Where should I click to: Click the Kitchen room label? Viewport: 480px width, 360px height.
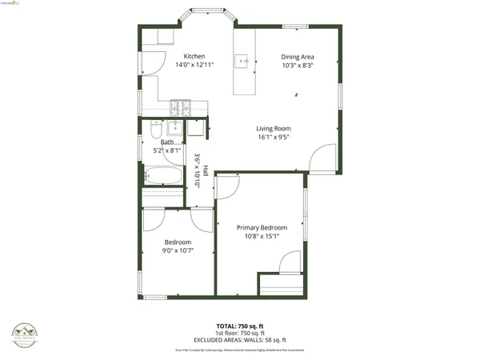(x=194, y=56)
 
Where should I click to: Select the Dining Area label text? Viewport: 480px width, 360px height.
(x=297, y=57)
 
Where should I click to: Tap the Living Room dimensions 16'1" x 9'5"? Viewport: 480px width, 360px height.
(x=273, y=137)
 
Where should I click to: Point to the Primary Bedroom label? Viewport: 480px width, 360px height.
(x=261, y=227)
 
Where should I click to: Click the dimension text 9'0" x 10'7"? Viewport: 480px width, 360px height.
(x=178, y=250)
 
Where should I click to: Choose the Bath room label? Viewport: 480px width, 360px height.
(x=166, y=142)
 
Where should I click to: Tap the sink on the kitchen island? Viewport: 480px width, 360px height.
(x=242, y=60)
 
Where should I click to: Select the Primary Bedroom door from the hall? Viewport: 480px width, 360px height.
(x=226, y=186)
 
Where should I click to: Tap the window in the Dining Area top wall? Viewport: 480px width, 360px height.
(x=297, y=26)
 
